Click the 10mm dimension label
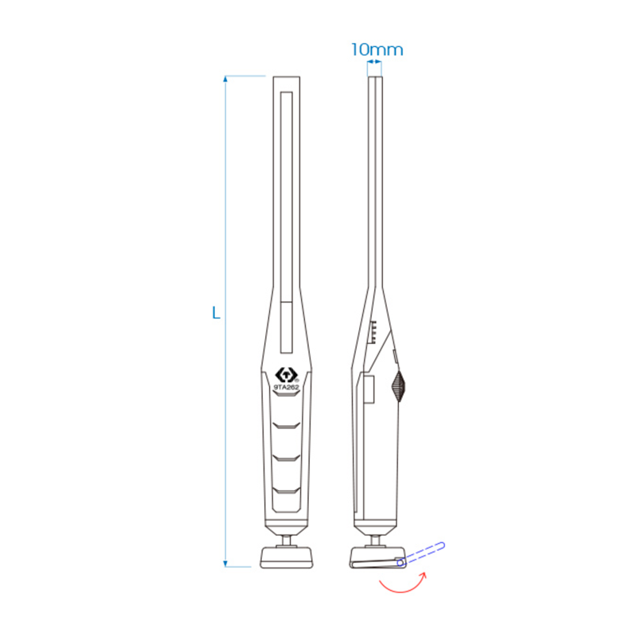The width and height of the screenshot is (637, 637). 377,49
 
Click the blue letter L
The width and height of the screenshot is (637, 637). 215,313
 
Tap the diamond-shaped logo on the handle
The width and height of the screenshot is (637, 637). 286,373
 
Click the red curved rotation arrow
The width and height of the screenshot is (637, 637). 403,585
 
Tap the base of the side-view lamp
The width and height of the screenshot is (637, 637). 374,558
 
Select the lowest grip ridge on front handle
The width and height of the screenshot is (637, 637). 286,487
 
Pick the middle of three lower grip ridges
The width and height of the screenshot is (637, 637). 286,456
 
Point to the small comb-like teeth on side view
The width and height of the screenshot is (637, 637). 372,330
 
